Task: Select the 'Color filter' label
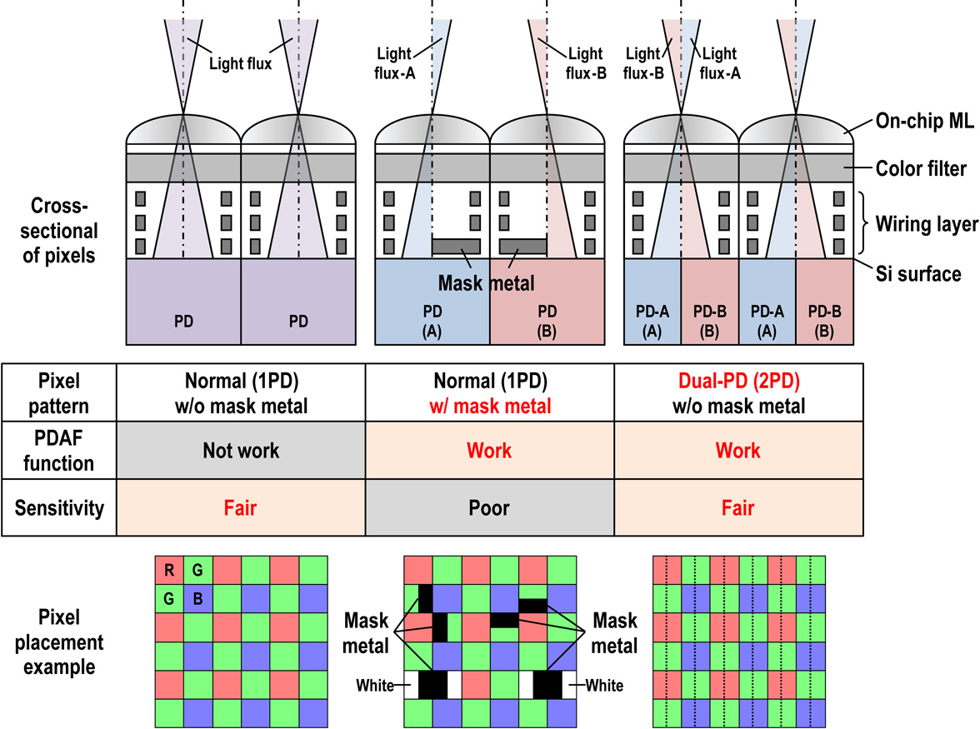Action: click(920, 168)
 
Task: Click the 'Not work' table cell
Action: click(241, 450)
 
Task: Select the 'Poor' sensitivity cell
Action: click(489, 507)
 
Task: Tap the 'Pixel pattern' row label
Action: click(59, 394)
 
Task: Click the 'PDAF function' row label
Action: click(59, 450)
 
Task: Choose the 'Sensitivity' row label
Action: click(59, 507)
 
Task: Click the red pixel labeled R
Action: click(169, 570)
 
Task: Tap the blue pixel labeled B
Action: click(198, 598)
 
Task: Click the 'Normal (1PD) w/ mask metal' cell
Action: click(489, 394)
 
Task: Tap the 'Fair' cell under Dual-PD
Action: click(737, 507)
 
